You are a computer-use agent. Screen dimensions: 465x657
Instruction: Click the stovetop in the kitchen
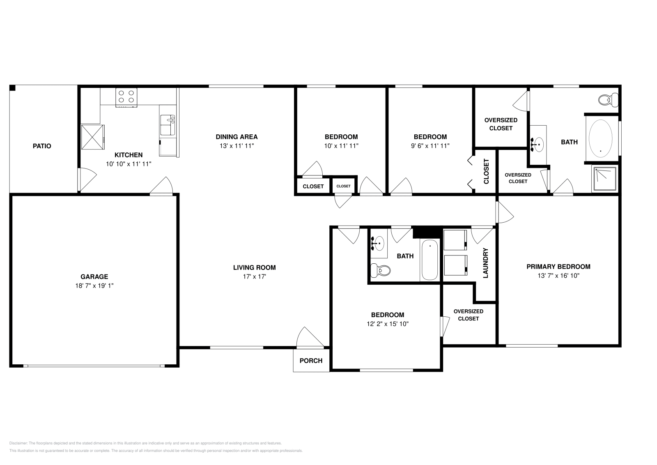[126, 97]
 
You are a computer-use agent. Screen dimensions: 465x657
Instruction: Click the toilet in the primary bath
[608, 99]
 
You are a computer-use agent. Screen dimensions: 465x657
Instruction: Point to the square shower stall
[604, 178]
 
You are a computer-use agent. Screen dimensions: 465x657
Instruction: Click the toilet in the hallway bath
[381, 270]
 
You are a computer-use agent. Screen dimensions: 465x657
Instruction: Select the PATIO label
[42, 146]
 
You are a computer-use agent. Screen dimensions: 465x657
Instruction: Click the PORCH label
[311, 361]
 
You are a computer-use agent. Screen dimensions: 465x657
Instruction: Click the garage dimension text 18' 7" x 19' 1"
[94, 285]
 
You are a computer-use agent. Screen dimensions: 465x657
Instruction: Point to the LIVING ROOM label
[254, 267]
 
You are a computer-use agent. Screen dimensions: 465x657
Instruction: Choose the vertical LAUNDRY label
[485, 263]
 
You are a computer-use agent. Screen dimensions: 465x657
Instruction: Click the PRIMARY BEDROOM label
[558, 267]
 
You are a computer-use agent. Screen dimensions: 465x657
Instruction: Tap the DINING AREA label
[237, 137]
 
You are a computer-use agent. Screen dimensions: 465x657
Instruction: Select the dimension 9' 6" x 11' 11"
[430, 145]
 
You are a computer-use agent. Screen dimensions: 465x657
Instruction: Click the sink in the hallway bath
[379, 243]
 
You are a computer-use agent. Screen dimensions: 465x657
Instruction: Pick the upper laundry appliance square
[455, 240]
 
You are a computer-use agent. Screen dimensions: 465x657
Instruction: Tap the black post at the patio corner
[12, 88]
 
